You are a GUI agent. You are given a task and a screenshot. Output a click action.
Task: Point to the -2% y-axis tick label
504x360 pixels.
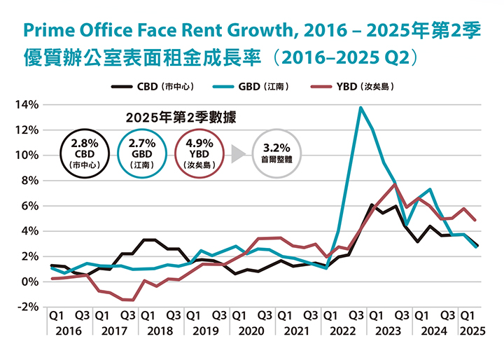pyautogui.click(x=27, y=307)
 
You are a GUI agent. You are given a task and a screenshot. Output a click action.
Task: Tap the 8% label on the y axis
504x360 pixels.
pyautogui.click(x=30, y=181)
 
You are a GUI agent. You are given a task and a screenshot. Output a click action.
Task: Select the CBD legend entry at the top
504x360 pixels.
pyautogui.click(x=153, y=87)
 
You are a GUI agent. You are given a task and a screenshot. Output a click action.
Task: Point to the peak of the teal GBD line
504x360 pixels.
pyautogui.click(x=360, y=107)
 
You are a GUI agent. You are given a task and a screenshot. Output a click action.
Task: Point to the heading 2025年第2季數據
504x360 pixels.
pyautogui.click(x=181, y=117)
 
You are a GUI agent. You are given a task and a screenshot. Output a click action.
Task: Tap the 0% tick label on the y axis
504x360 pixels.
pyautogui.click(x=30, y=282)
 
